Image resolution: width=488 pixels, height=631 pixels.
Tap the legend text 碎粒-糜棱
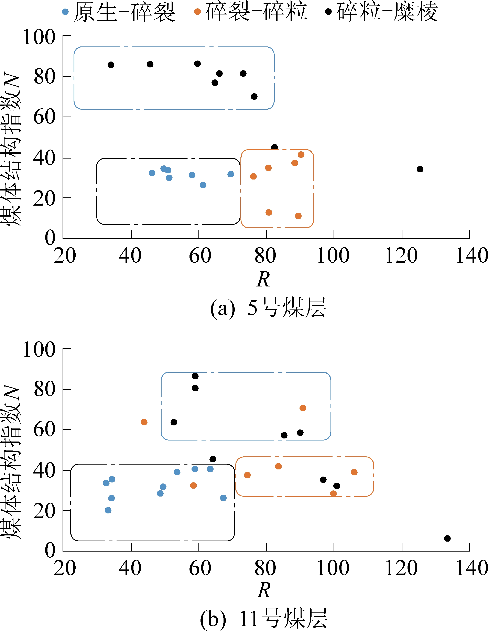click(x=387, y=12)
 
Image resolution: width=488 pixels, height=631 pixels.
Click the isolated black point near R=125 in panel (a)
click(x=420, y=169)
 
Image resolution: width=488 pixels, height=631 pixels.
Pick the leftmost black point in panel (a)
click(x=111, y=65)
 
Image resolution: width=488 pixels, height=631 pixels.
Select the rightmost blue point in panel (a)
click(x=231, y=174)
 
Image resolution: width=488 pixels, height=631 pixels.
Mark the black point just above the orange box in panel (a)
click(x=274, y=147)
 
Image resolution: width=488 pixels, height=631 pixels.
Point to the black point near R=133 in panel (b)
click(x=447, y=538)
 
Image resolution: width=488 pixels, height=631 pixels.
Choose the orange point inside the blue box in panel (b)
click(x=303, y=408)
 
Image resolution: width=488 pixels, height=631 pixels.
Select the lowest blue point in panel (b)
click(x=108, y=510)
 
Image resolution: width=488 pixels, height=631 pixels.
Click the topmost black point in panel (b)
click(x=195, y=376)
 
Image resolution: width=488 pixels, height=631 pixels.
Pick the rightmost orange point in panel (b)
click(x=354, y=472)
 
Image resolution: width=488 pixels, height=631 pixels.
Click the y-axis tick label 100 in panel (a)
click(x=39, y=37)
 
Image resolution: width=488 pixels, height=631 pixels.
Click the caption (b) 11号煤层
click(x=263, y=619)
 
